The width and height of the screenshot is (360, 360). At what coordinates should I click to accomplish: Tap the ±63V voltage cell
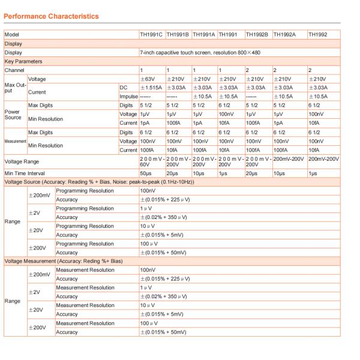(x=147, y=79)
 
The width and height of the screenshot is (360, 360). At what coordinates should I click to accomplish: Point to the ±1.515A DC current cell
(x=151, y=87)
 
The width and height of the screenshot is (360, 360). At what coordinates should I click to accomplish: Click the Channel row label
(x=15, y=70)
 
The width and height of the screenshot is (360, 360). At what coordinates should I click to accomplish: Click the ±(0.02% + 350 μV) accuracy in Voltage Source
(x=164, y=217)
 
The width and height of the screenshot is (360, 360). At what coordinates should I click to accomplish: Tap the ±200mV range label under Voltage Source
(x=40, y=195)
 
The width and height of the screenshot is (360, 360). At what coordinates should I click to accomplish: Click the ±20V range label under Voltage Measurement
(x=37, y=310)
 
